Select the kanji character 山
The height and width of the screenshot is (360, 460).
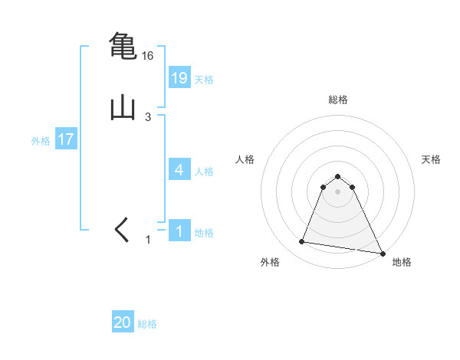[123, 107]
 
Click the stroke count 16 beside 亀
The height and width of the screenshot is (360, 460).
[148, 56]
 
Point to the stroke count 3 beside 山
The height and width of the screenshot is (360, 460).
[148, 117]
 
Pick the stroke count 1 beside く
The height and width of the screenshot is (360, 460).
[149, 240]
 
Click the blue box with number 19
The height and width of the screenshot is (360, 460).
[179, 78]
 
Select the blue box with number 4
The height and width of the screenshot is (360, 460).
[179, 170]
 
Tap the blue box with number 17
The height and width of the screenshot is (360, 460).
[66, 140]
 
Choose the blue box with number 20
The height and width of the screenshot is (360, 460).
[123, 323]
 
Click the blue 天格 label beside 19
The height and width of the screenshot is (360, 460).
[204, 80]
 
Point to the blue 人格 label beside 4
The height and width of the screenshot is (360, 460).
[204, 172]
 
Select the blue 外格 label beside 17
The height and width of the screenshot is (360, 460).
[41, 141]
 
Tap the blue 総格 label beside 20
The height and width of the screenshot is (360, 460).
[147, 324]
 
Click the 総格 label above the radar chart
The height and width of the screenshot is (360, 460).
[338, 100]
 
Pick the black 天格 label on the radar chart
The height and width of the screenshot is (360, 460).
[431, 159]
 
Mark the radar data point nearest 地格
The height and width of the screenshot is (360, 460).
[383, 253]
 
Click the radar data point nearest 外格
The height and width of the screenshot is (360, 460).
[302, 242]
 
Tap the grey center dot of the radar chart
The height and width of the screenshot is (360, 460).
[338, 191]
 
